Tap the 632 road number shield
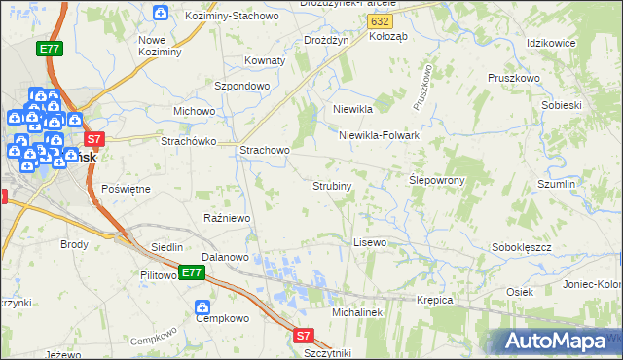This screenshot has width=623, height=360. (384, 19)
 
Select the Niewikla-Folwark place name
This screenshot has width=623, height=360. (379, 135)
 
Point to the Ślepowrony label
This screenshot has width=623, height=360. (436, 180)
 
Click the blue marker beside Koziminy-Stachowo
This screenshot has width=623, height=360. (161, 13)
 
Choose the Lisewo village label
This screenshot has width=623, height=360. (370, 241)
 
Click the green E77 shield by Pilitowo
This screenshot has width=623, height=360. (192, 273)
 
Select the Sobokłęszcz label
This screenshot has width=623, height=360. (522, 247)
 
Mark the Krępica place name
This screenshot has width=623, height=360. (435, 300)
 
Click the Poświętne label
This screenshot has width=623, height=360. (126, 189)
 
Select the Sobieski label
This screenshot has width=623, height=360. (560, 104)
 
